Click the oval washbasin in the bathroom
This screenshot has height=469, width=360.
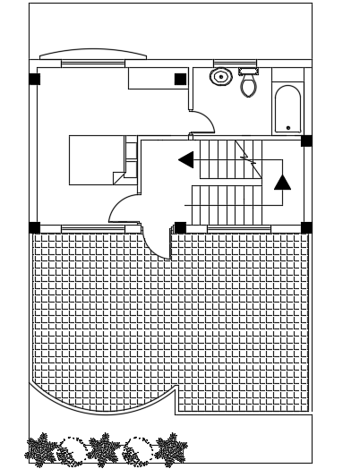(220, 77)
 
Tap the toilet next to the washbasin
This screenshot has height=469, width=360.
(248, 83)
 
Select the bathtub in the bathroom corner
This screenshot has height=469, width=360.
(287, 108)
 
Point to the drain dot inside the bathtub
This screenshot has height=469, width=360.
(287, 128)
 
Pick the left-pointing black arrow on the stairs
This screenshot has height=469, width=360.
(186, 160)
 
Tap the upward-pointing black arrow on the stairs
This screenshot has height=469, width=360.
(282, 182)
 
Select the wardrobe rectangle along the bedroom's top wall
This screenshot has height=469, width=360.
(158, 79)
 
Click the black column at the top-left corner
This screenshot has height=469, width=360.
(34, 79)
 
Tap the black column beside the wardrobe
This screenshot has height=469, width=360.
(180, 79)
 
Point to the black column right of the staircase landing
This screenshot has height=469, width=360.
(306, 141)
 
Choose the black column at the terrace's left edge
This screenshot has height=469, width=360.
(34, 227)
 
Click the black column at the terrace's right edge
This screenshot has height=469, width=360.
(306, 227)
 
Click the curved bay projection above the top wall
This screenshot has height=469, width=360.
(93, 55)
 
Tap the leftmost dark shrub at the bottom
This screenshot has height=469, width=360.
(42, 450)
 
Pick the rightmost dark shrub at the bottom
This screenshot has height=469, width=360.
(169, 449)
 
